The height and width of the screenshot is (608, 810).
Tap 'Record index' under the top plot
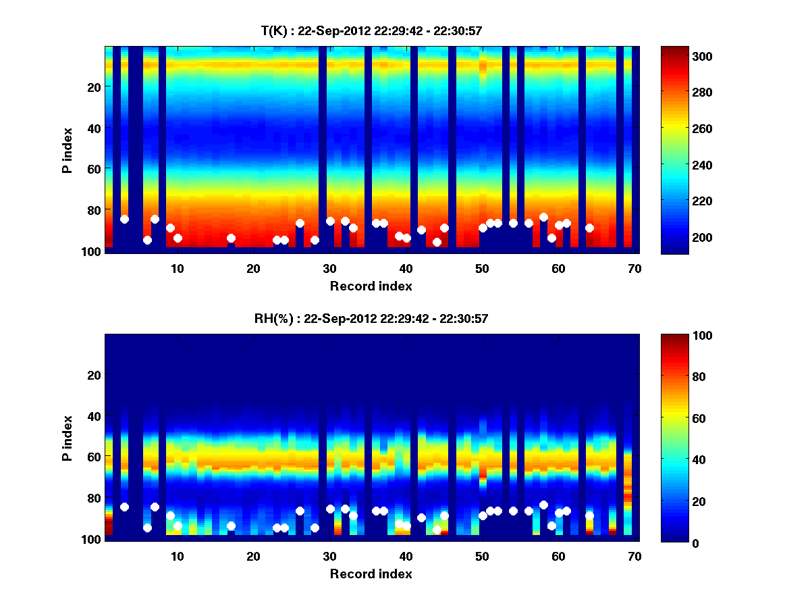click(371, 286)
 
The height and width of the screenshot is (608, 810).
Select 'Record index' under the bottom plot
click(371, 574)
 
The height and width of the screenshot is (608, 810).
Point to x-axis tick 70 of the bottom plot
click(634, 556)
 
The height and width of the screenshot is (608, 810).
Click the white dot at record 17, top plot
click(231, 238)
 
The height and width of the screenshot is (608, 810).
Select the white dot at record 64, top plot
click(589, 228)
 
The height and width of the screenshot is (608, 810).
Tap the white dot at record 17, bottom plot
click(231, 526)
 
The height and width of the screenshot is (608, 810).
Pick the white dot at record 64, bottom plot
click(589, 515)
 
